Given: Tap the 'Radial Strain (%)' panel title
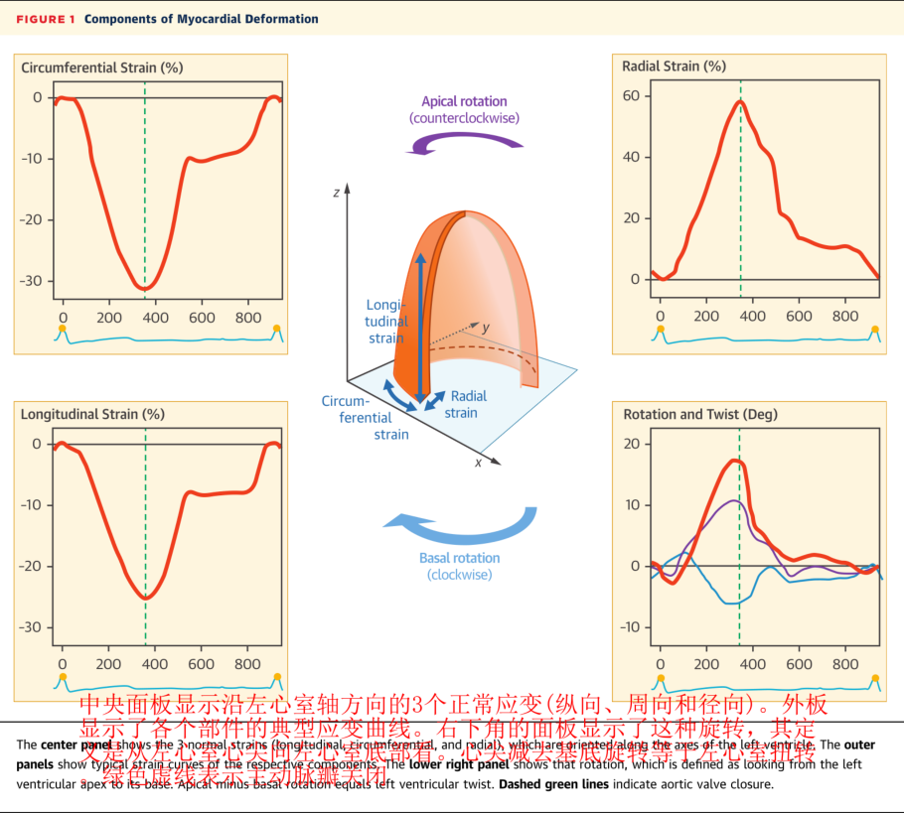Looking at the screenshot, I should tap(674, 67).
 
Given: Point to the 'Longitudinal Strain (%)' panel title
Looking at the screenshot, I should tap(92, 414).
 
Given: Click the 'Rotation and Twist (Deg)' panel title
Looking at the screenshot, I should tap(700, 414).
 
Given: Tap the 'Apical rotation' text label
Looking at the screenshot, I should tap(464, 101).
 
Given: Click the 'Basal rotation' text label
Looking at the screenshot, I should tap(459, 558).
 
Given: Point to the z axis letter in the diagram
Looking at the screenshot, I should tap(337, 193).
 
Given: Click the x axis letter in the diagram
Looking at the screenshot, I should tap(478, 463).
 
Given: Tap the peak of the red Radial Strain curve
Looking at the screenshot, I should tap(740, 101).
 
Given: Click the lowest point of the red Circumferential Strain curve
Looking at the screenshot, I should tap(145, 289).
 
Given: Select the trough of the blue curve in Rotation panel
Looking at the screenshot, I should tap(731, 604).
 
